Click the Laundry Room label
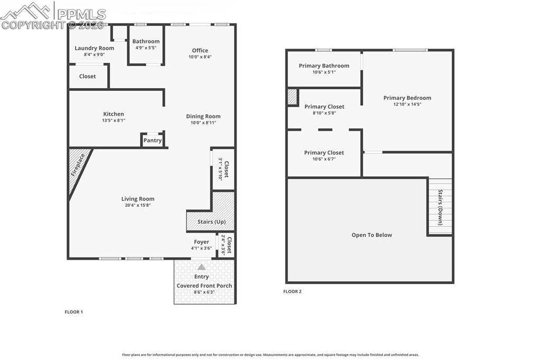point(94,48)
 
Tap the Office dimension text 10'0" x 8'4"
point(200,57)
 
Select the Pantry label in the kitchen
point(153,140)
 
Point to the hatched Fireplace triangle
point(78,166)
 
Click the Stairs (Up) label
point(211,222)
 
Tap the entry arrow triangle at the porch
point(201,267)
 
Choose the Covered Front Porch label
point(204,286)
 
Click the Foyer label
point(201,242)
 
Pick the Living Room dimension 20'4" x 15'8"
point(138,205)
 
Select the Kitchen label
point(114,114)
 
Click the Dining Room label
point(203,116)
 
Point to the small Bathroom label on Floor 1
point(146,41)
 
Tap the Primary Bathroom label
point(324,66)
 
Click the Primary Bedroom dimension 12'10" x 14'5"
point(407,104)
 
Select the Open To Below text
point(372,235)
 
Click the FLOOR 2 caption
point(292,291)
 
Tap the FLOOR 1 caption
point(73,312)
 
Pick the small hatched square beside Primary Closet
point(292,97)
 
